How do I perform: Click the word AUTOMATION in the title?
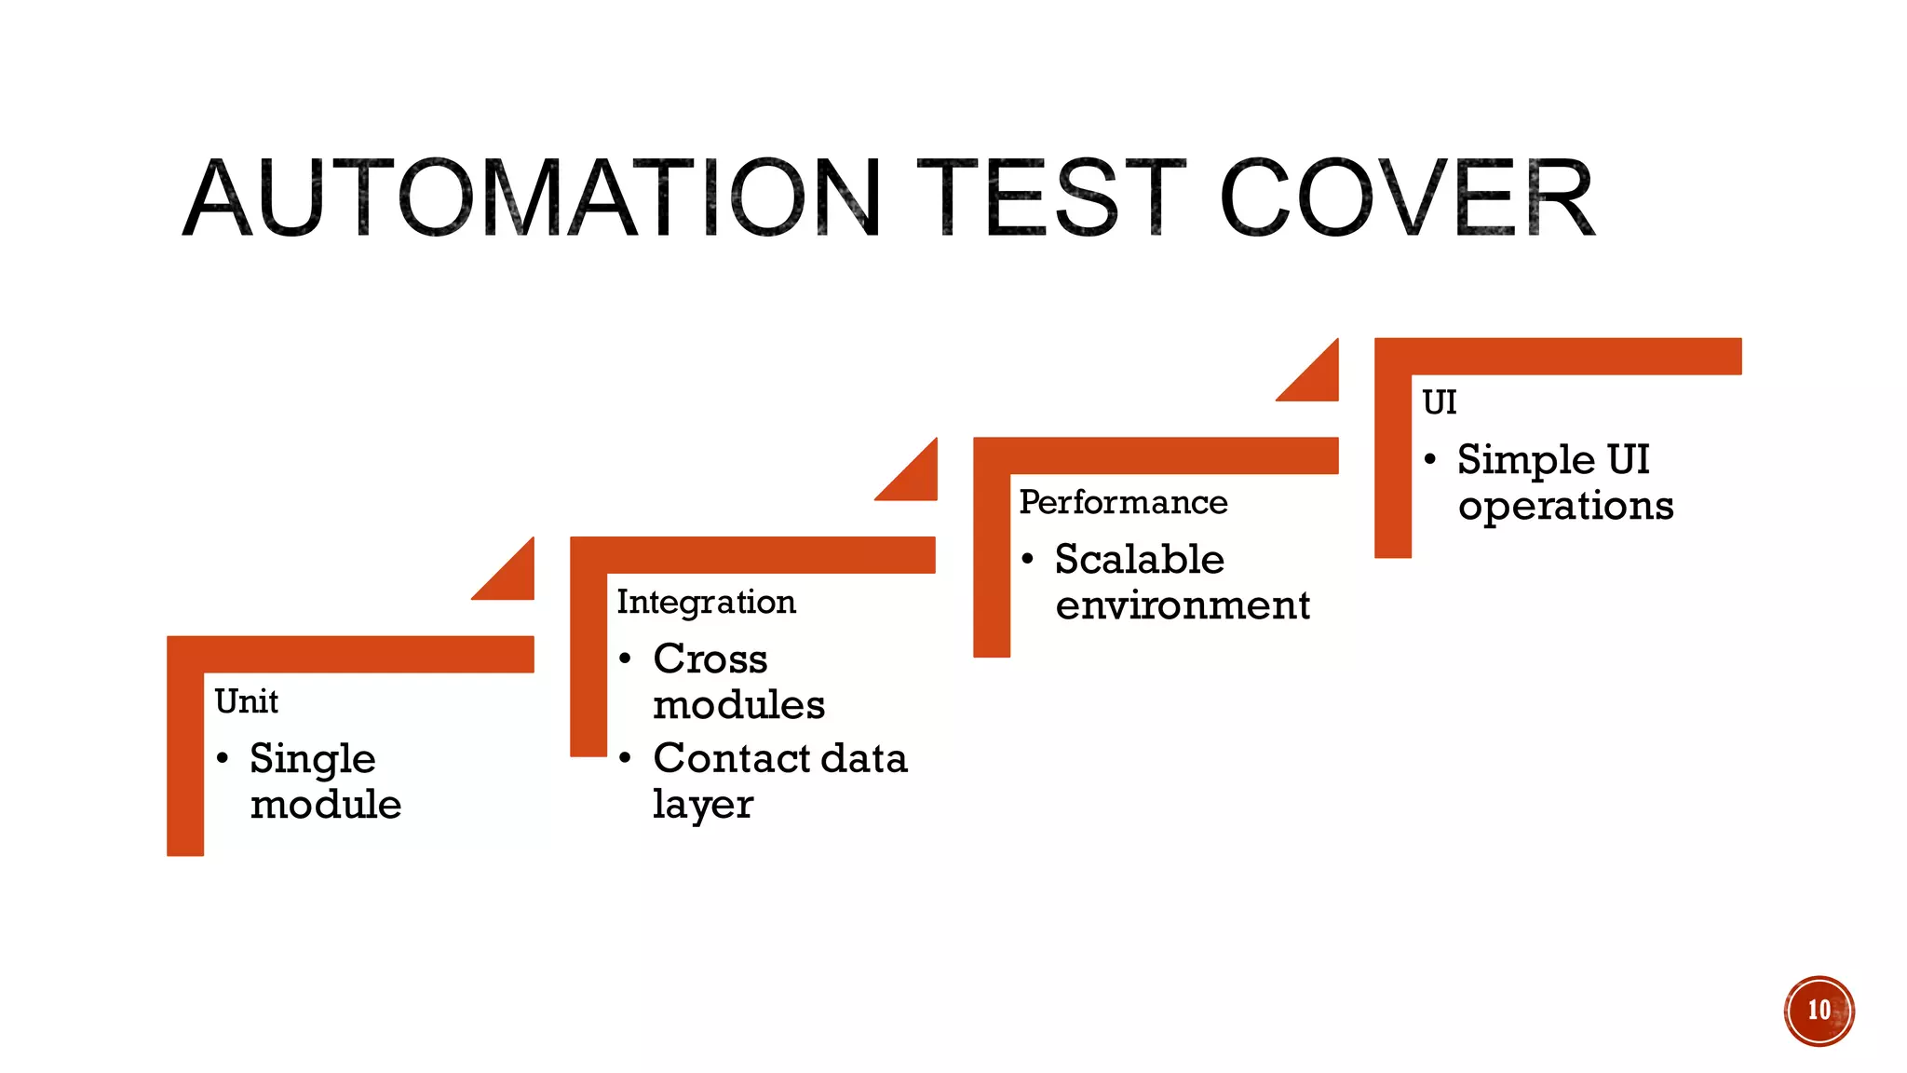[x=531, y=198]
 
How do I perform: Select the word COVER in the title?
[x=1406, y=198]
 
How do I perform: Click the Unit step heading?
[x=246, y=701]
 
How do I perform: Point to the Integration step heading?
[x=706, y=602]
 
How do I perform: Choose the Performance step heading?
[x=1123, y=502]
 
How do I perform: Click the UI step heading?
[x=1439, y=402]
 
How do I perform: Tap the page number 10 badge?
[x=1819, y=1011]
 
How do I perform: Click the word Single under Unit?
[x=312, y=759]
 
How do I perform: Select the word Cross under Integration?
[x=710, y=659]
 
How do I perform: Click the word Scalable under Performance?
[x=1139, y=559]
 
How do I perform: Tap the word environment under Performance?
[x=1183, y=605]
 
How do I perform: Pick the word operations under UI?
[x=1565, y=507]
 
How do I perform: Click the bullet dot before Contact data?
[x=626, y=758]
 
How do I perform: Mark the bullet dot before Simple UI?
[x=1430, y=459]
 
